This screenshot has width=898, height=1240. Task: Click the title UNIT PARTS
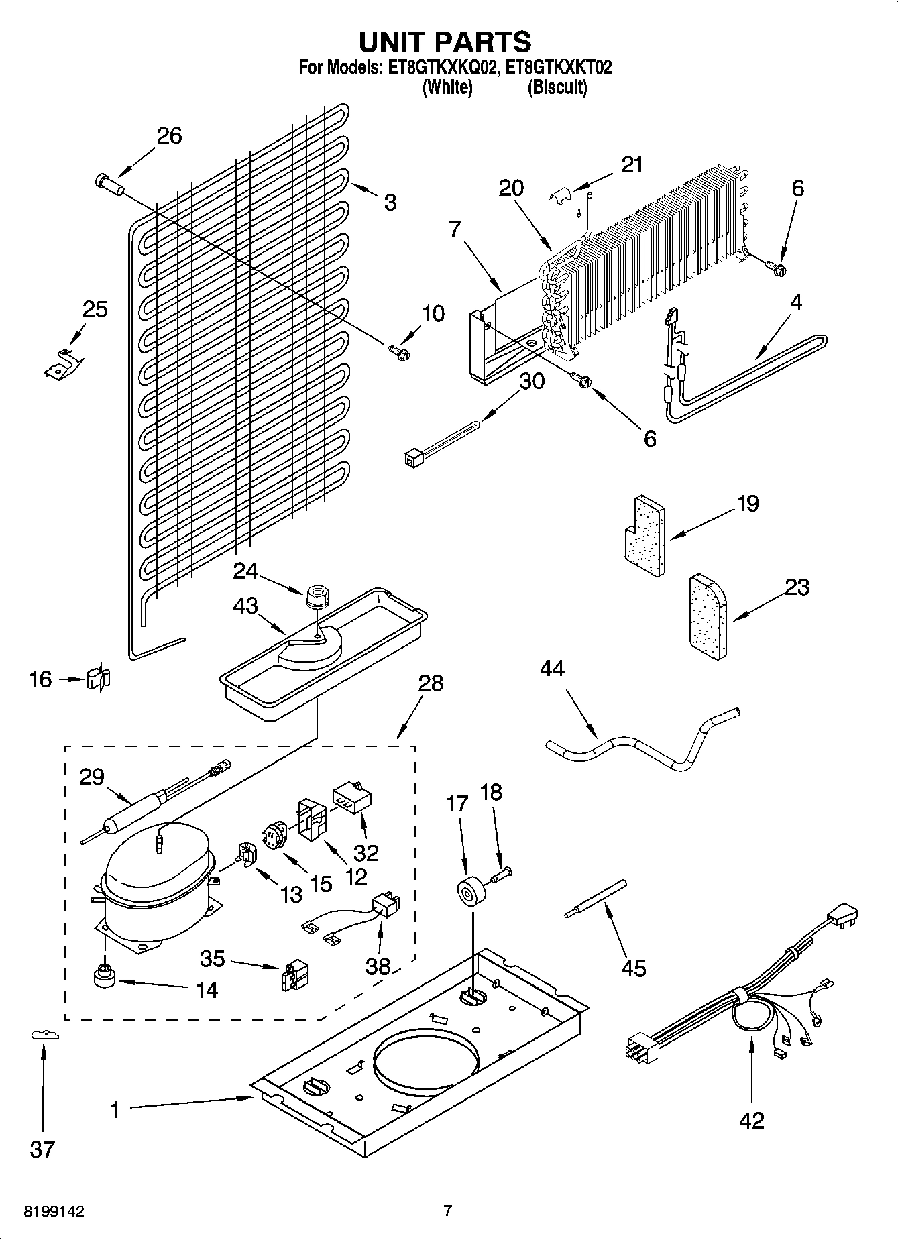click(x=445, y=42)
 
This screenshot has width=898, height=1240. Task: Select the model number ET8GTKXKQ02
click(x=439, y=68)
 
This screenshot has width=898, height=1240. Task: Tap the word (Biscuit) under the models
click(x=557, y=88)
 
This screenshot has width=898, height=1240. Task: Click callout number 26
click(x=169, y=135)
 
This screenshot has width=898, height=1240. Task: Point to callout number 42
click(x=752, y=1120)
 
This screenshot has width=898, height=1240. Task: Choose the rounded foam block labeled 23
click(x=707, y=618)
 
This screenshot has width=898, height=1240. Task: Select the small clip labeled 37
click(x=45, y=1036)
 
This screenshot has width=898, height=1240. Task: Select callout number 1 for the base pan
click(x=115, y=1111)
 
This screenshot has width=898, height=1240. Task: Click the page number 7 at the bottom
click(x=448, y=1211)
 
